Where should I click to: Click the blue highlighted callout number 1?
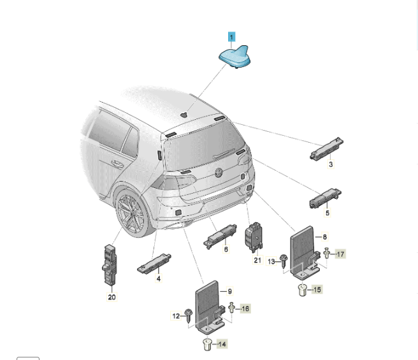coord(231,37)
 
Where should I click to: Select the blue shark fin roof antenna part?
coord(235,56)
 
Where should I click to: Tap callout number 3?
coord(331,164)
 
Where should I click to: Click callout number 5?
coord(328,213)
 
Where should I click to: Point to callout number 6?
coord(226,249)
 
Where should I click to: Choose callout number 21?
coord(257,260)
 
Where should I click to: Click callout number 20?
coord(112,297)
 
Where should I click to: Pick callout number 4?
coord(159,278)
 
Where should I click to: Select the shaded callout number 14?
coord(222,344)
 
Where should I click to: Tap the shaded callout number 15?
coord(317,289)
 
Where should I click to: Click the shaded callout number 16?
coord(245,308)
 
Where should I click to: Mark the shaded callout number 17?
coord(340,254)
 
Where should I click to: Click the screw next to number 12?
coord(189,315)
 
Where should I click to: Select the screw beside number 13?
coord(284,261)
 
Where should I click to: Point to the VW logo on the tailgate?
coord(219,173)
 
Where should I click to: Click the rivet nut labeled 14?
coord(207,344)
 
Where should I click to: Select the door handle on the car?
coord(117,164)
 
